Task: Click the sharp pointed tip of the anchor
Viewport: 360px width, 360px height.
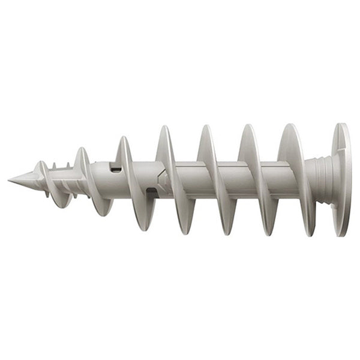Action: coord(10,179)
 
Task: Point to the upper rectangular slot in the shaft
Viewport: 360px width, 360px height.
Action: coord(116,170)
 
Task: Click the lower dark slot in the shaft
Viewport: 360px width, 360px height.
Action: coord(151,191)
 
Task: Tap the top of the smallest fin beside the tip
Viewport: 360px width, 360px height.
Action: coord(41,163)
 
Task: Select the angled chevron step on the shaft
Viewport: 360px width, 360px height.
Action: coord(161,179)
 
